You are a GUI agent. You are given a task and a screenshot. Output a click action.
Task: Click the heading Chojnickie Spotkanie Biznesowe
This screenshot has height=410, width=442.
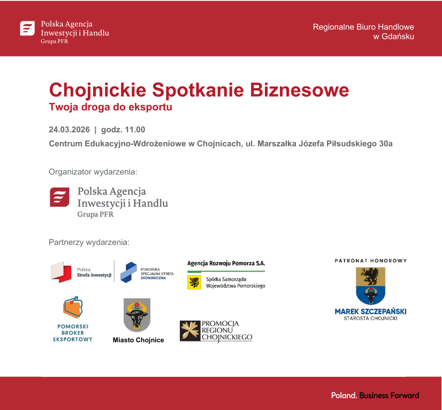click(x=199, y=89)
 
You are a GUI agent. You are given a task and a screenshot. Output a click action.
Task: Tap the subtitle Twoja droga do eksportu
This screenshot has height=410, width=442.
click(x=110, y=106)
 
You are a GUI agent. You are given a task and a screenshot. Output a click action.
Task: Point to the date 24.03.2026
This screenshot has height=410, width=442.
click(x=68, y=129)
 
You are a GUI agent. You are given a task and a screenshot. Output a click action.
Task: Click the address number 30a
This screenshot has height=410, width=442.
click(x=385, y=144)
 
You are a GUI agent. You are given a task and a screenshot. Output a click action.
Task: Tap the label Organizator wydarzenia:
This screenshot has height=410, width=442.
click(x=93, y=172)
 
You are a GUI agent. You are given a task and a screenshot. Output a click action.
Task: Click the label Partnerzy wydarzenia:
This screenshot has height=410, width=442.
click(x=89, y=242)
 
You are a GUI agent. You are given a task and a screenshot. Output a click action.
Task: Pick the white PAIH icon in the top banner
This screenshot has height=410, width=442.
click(x=27, y=28)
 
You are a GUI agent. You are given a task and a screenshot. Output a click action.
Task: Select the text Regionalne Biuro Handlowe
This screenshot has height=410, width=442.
click(x=363, y=27)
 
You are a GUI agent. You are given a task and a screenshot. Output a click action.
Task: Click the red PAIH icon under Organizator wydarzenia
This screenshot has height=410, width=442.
click(x=59, y=197)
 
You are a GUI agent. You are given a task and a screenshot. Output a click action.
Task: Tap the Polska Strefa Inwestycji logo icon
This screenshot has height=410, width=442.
click(x=61, y=272)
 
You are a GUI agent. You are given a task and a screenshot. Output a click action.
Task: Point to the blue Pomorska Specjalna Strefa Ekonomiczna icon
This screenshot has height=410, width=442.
click(x=128, y=272)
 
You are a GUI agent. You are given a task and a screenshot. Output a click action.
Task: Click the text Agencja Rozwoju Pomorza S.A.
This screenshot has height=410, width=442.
click(x=226, y=263)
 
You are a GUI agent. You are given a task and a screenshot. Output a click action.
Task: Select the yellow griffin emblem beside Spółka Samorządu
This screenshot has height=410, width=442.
click(x=194, y=282)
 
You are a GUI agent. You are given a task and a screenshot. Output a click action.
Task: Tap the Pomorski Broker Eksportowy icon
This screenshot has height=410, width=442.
click(x=74, y=308)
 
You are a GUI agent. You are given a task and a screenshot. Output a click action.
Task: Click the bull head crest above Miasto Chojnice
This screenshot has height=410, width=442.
click(x=137, y=315)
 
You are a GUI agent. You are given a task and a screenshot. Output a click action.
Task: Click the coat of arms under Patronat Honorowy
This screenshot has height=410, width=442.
click(x=370, y=286)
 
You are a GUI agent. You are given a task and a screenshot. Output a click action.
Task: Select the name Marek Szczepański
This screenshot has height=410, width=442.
click(x=370, y=311)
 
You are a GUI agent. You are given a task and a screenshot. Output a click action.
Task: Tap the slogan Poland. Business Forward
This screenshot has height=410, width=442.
click(x=375, y=396)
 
